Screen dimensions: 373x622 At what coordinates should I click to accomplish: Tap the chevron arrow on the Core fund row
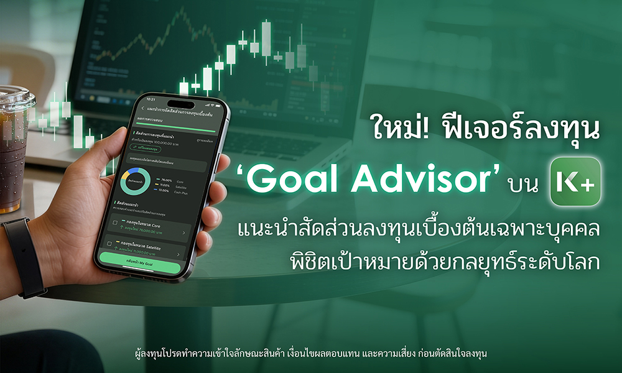183,233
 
